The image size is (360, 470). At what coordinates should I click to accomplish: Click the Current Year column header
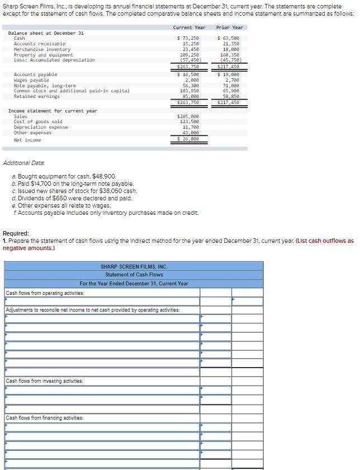[189, 27]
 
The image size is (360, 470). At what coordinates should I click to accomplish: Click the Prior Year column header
[229, 27]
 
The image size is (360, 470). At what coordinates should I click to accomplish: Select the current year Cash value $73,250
[188, 38]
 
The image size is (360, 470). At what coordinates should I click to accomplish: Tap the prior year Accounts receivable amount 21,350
[231, 44]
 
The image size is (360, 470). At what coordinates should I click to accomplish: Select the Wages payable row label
[31, 80]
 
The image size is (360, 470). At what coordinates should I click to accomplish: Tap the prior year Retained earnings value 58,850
[231, 97]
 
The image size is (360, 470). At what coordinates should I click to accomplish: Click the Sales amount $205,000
[188, 116]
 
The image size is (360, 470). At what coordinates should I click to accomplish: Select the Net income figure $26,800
[188, 139]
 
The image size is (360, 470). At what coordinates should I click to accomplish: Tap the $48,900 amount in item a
[103, 176]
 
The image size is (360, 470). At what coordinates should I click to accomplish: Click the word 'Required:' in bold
[16, 233]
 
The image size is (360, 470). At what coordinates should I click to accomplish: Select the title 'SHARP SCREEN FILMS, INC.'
[134, 267]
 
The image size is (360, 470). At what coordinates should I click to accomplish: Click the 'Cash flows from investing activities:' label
[44, 380]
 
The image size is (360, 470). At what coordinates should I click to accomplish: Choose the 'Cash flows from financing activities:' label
[44, 417]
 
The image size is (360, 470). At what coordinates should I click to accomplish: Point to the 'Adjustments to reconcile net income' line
[93, 310]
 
